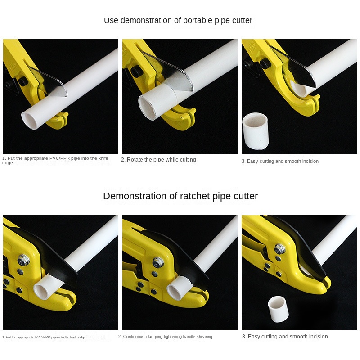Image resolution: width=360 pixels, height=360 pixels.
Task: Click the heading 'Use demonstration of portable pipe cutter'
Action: click(178, 20)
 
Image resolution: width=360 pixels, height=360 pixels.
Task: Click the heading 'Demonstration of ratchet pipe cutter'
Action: click(180, 196)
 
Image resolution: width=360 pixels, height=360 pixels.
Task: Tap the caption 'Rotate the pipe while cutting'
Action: click(158, 160)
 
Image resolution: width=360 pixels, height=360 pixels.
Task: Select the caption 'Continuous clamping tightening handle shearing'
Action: click(165, 337)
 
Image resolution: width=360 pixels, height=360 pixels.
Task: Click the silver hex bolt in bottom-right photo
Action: click(280, 248)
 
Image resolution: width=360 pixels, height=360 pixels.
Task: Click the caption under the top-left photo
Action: click(55, 160)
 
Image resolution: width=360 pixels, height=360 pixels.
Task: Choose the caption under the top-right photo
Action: click(280, 161)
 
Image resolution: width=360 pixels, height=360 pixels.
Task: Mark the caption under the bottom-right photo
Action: click(285, 337)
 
